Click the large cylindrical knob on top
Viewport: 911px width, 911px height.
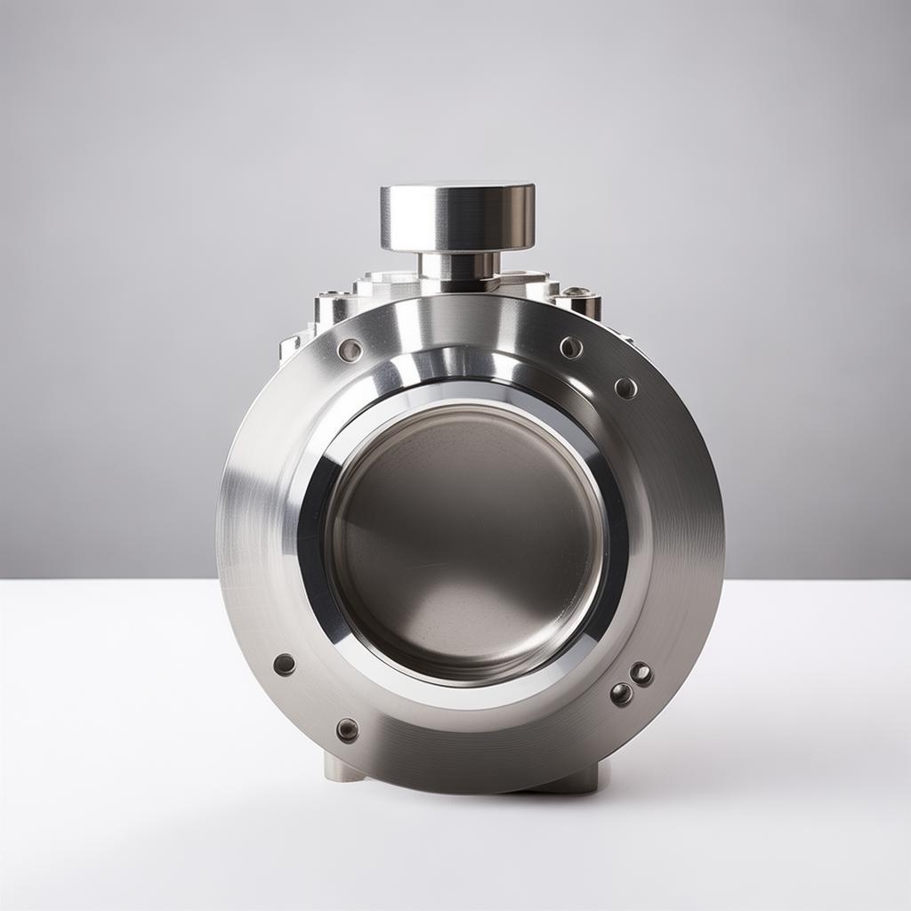457,219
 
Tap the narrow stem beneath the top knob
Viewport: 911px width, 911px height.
458,265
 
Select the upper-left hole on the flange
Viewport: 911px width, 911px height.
350,350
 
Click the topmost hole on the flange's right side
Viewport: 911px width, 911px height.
571,347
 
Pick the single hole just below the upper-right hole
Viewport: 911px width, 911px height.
625,388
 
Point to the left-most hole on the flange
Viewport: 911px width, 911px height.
285,664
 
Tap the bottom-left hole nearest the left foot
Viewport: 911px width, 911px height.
347,730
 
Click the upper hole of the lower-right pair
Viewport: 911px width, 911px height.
641,673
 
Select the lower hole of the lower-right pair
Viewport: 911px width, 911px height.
621,694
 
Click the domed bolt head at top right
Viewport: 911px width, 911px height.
576,293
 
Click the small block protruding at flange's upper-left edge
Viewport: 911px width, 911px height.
291,346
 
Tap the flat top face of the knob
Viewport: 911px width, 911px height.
457,189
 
